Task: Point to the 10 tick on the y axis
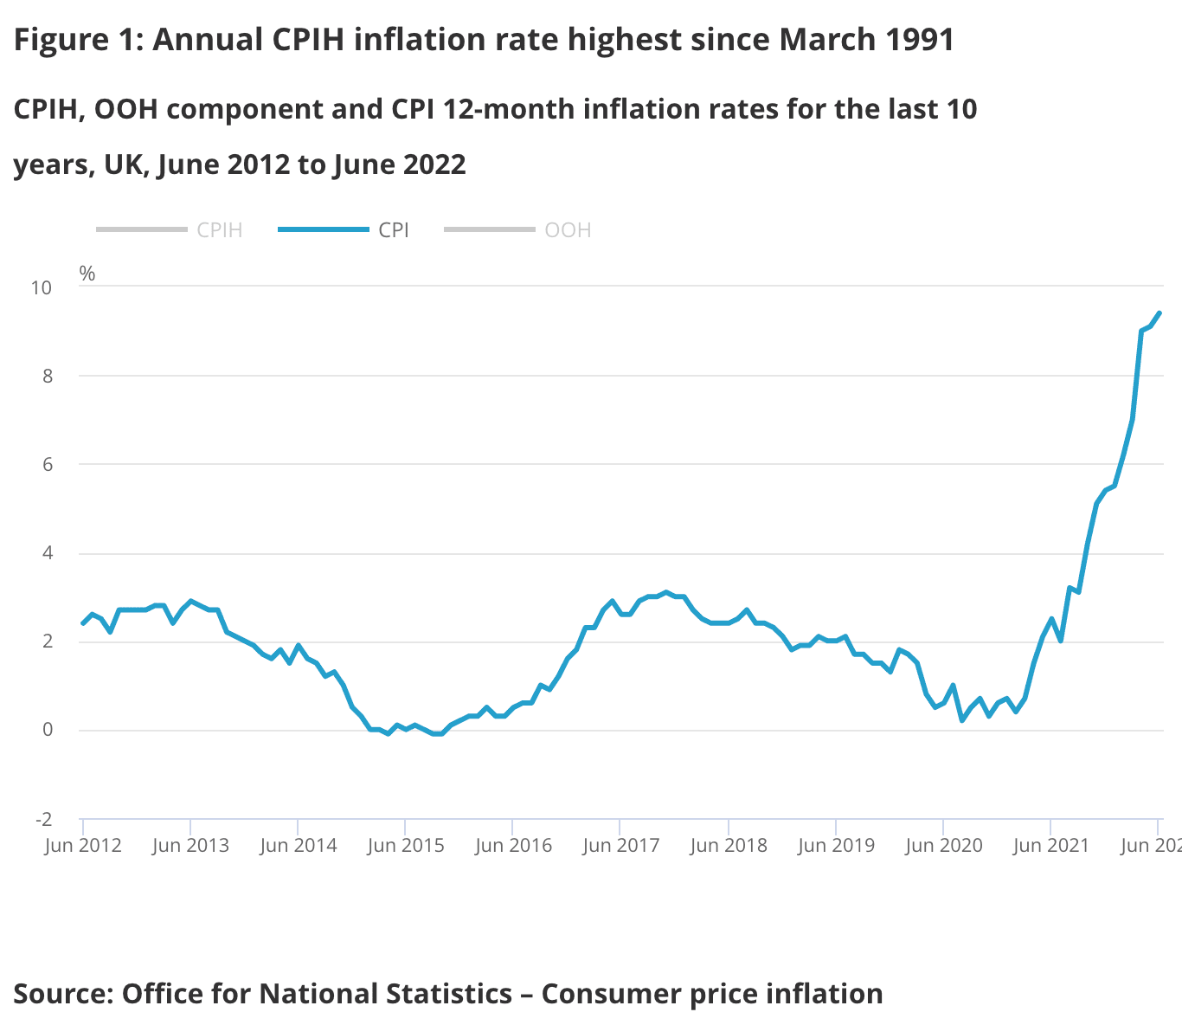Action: [42, 287]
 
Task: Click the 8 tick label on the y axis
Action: [47, 376]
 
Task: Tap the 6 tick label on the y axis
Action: [47, 465]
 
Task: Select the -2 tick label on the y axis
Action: [43, 819]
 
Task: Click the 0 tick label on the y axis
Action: [47, 730]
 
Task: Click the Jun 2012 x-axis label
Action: [83, 846]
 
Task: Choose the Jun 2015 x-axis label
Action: [406, 846]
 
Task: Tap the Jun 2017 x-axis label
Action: [620, 846]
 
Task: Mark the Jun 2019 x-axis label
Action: [836, 846]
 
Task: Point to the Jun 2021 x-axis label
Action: [1050, 846]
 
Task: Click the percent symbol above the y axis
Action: [87, 274]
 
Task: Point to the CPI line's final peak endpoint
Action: [1160, 313]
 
